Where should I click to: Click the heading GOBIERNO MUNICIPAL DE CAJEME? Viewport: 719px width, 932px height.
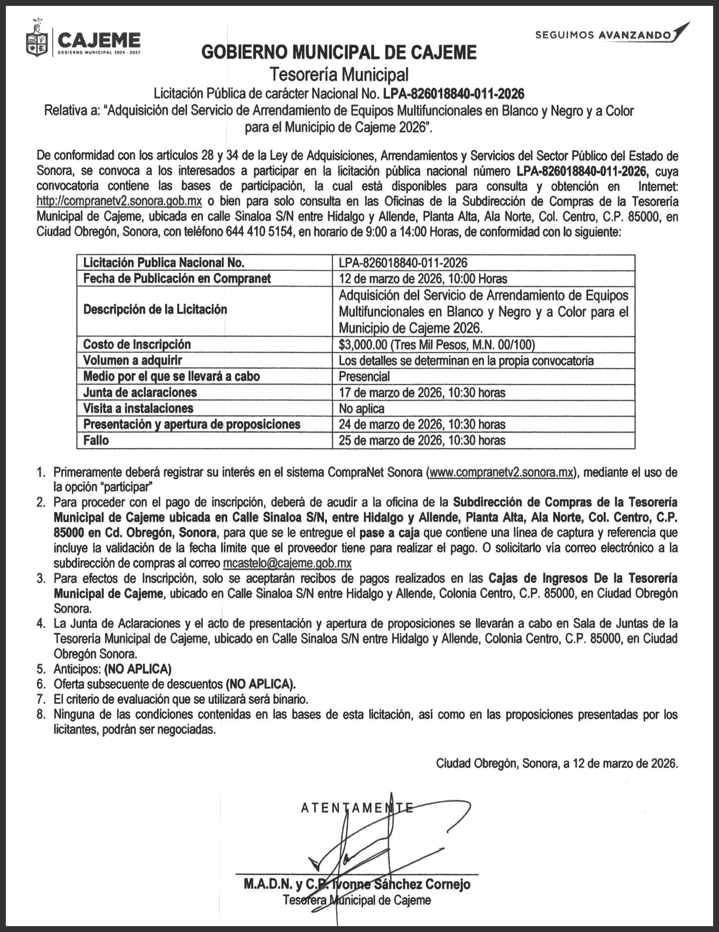click(339, 52)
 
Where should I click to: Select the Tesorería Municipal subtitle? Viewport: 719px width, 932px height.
click(339, 74)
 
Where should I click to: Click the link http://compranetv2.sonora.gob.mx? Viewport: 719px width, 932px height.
click(119, 201)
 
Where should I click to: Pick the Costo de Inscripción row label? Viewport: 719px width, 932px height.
click(137, 344)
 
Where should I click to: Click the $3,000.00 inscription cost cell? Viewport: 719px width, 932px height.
click(437, 344)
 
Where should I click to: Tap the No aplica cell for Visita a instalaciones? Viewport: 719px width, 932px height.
click(361, 408)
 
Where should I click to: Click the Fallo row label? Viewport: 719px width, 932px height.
click(96, 440)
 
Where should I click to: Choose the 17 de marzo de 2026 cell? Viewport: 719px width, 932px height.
click(422, 392)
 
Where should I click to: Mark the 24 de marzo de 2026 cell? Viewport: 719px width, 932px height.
click(422, 424)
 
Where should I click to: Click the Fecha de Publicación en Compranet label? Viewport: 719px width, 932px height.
click(177, 278)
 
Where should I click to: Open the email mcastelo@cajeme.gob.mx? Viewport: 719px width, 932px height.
click(287, 563)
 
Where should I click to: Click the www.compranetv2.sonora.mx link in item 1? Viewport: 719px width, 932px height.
click(502, 472)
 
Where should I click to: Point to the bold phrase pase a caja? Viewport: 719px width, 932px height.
click(390, 533)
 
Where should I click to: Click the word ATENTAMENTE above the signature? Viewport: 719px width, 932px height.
click(357, 808)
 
